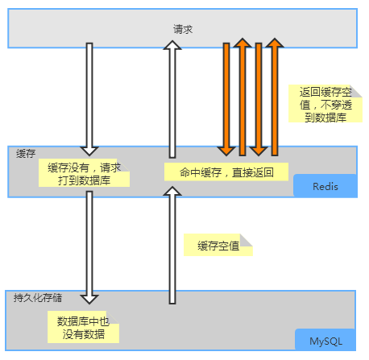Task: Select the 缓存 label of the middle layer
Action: coord(27,152)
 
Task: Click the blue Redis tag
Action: coord(324,186)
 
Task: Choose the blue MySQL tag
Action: coord(325,341)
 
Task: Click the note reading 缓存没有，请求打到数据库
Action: coord(84,173)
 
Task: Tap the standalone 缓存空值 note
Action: coord(218,246)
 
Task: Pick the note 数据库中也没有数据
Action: coord(83,327)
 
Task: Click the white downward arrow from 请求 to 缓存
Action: coord(89,97)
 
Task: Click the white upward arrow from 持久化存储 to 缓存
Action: coord(170,246)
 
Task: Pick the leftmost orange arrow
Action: coord(226,97)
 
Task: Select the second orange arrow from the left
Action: coord(242,97)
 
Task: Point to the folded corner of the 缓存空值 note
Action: coord(247,240)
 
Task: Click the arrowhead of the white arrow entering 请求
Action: coord(170,48)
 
